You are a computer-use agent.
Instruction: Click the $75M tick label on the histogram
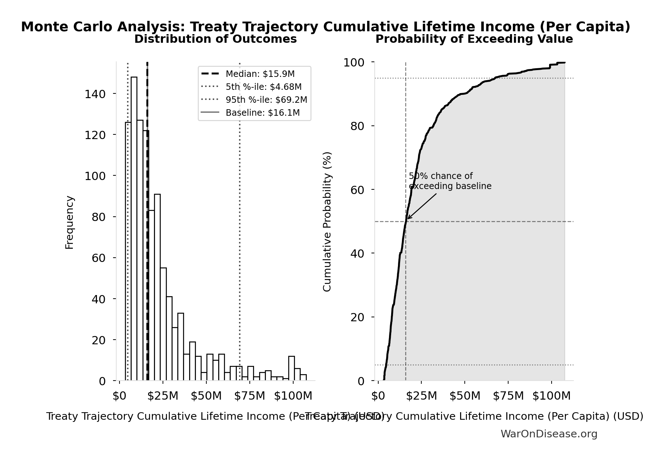(x=249, y=396)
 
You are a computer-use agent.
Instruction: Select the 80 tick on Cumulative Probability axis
(x=357, y=126)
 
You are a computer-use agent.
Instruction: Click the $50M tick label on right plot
(x=465, y=396)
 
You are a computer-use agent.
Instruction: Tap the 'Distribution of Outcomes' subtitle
(x=215, y=39)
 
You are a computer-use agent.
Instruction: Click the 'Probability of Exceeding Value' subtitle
(x=474, y=39)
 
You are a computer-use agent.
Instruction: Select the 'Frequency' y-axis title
(x=70, y=222)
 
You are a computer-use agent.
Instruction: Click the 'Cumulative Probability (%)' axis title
(x=327, y=221)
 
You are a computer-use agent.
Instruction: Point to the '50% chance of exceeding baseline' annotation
(x=450, y=181)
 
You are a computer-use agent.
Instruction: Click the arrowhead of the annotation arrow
(x=408, y=218)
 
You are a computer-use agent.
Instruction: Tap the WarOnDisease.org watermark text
(x=549, y=434)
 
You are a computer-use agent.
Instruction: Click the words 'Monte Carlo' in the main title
(x=67, y=27)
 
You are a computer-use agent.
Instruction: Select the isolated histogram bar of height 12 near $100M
(x=291, y=368)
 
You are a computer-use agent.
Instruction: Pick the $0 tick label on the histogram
(x=119, y=396)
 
